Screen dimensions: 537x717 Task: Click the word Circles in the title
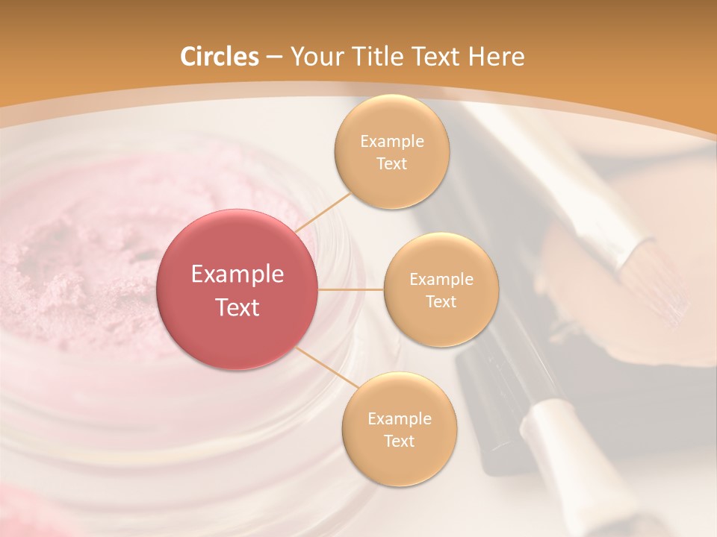[x=219, y=57]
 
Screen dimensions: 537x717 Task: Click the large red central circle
[x=238, y=290]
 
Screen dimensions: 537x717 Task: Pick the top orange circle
[x=391, y=152]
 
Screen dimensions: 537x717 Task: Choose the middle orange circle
[x=441, y=290]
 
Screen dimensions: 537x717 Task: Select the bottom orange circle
[x=399, y=430]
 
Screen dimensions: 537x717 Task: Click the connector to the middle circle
[x=351, y=290]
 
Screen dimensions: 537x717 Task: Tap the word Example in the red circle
[x=238, y=274]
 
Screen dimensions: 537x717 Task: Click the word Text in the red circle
[x=238, y=307]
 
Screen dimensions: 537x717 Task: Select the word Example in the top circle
[x=391, y=142]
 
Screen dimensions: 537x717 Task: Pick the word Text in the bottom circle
[x=399, y=441]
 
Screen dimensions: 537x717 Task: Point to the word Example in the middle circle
[x=441, y=280]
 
